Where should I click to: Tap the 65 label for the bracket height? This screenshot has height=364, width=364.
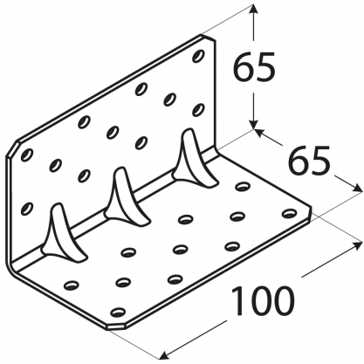coord(254,66)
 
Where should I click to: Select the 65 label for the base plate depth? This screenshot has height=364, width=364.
coord(310,160)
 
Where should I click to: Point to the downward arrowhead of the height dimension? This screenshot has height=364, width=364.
coord(254,123)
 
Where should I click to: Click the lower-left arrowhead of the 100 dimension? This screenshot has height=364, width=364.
coord(164,354)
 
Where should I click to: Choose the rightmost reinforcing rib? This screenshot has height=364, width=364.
coord(193,159)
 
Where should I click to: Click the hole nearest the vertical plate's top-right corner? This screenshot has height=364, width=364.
coord(198,56)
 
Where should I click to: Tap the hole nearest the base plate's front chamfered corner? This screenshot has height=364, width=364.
coord(117,312)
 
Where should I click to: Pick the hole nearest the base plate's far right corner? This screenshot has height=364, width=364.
coord(289,213)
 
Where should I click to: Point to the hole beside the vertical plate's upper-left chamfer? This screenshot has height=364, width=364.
coord(27,155)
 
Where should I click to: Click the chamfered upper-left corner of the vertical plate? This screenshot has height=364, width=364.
coord(12,150)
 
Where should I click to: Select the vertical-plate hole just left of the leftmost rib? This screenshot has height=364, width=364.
coord(27,209)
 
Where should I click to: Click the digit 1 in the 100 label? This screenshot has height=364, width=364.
coord(237,301)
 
